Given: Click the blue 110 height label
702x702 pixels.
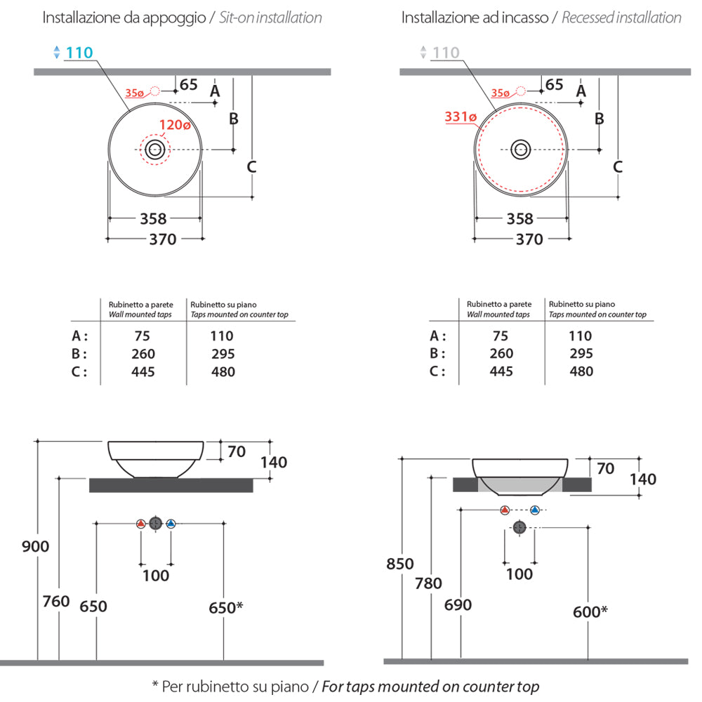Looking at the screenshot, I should [x=79, y=52].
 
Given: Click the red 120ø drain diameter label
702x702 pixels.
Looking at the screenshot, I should [x=175, y=126].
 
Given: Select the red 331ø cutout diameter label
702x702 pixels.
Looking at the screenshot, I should [x=461, y=117].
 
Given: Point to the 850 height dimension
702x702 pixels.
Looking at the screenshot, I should [x=400, y=564].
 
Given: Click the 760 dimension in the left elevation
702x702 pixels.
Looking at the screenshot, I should [x=56, y=601].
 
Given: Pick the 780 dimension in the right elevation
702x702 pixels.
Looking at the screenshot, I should [x=428, y=583].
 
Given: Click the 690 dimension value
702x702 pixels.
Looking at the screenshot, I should [x=458, y=604].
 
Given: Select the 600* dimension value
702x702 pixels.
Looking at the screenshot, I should [x=590, y=611].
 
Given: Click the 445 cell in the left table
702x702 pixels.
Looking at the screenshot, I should [x=143, y=371].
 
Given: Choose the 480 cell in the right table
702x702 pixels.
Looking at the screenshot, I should [x=581, y=371].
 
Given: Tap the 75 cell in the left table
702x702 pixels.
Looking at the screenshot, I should [x=143, y=336].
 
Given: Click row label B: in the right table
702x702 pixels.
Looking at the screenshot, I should [x=437, y=354].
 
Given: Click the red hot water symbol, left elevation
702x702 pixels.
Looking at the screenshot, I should [x=140, y=524].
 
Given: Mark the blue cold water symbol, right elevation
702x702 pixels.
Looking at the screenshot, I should [x=536, y=510].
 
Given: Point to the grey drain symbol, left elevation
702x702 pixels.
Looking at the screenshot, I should [x=155, y=524].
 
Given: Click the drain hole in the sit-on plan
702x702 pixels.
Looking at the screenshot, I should [x=155, y=150].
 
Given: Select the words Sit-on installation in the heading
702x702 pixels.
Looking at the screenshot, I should [x=271, y=18].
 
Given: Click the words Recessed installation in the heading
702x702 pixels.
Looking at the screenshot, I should [x=621, y=18].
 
